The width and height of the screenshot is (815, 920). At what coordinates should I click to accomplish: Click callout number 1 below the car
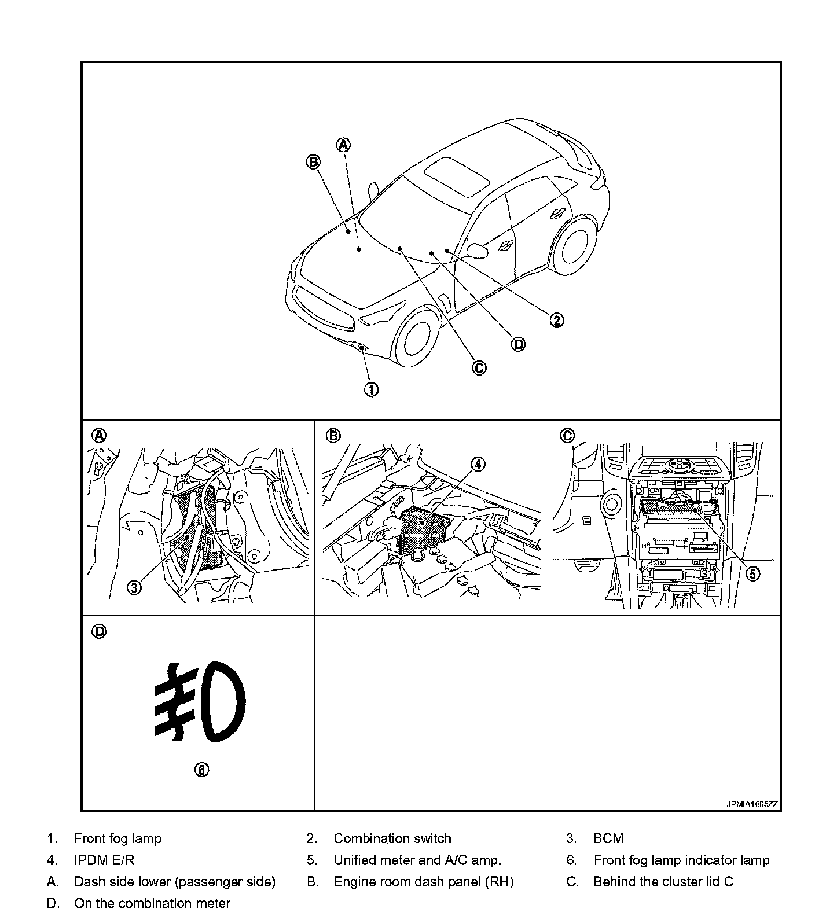click(371, 389)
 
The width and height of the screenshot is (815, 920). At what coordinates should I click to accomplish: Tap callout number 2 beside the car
click(556, 320)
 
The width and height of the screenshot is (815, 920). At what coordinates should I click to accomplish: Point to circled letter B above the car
click(313, 162)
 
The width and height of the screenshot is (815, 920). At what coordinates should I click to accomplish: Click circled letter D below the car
click(518, 344)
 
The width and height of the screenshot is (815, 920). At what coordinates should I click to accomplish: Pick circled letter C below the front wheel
click(479, 367)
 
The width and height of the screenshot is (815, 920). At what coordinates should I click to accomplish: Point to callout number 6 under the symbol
click(201, 769)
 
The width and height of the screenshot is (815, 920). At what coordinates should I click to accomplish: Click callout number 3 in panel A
click(134, 588)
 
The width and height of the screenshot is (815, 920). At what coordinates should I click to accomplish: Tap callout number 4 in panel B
click(478, 464)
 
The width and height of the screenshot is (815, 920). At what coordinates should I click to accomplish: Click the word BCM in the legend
click(608, 838)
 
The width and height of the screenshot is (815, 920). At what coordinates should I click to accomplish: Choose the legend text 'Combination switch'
click(392, 838)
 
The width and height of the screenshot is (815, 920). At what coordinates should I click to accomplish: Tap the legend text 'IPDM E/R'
click(104, 860)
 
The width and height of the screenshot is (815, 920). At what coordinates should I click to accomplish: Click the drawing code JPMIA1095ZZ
click(752, 804)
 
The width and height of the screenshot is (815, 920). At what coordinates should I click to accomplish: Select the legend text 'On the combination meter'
click(152, 903)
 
